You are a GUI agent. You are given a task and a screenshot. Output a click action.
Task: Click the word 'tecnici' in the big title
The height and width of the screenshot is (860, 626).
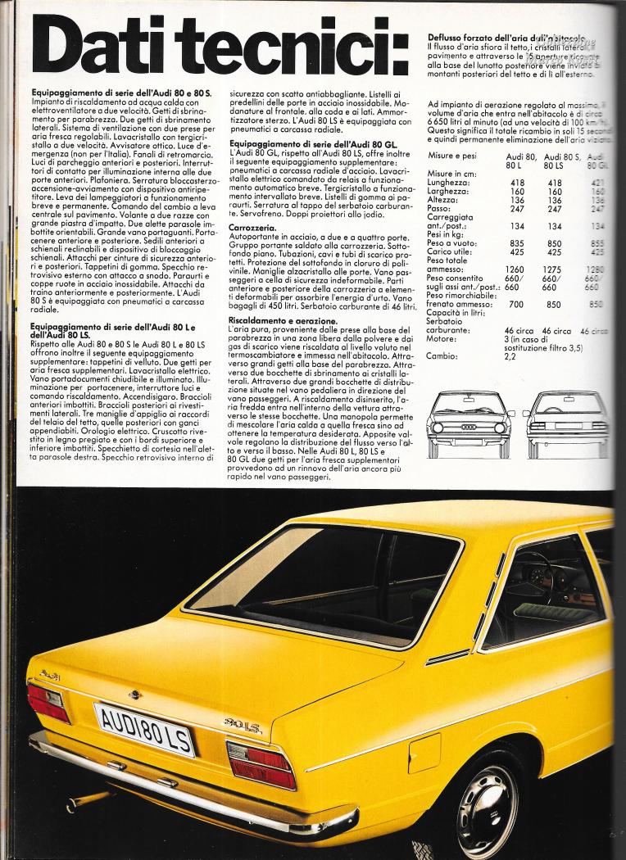pos(271,42)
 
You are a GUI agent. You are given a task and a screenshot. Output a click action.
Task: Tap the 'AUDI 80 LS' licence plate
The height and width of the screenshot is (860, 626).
pos(144,728)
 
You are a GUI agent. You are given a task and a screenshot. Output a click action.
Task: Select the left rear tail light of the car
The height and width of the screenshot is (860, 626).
pos(48,702)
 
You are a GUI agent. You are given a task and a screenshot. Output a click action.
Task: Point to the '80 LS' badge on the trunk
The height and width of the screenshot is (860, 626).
pos(243,724)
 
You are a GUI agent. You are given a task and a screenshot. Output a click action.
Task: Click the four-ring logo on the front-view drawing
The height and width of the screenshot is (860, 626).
pos(469,426)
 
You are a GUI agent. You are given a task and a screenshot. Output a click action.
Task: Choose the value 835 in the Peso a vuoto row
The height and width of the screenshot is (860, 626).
pos(517,242)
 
